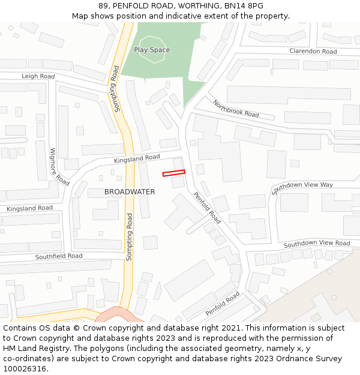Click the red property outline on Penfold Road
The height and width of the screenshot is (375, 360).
pos(173,173)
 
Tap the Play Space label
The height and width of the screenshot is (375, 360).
pos(152,50)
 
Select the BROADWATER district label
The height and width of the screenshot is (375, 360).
pos(130,192)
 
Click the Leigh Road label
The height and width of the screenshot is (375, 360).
pos(38,76)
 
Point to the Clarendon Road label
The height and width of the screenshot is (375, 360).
pos(313,52)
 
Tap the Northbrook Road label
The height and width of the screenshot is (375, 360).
pos(236,109)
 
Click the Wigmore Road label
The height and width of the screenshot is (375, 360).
pos(59,166)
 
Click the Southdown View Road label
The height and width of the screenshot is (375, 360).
pos(317,244)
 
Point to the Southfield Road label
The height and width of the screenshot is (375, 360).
pos(59,256)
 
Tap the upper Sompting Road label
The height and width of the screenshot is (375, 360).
pos(116,89)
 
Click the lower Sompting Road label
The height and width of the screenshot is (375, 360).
pos(128,237)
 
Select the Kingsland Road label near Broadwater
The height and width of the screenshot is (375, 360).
pos(137,159)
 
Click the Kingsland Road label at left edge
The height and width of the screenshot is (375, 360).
pos(29,208)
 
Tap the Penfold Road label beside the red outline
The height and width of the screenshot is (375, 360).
pos(207,208)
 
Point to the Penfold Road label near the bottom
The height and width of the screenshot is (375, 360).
pos(223,304)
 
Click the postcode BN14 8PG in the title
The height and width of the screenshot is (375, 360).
pos(244,5)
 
